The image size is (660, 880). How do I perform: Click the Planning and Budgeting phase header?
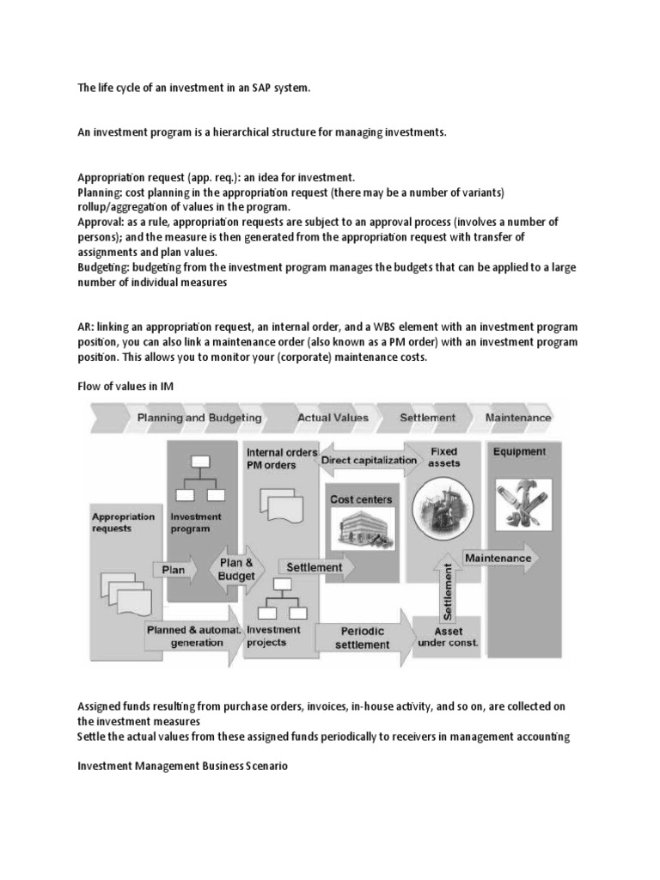point(199,418)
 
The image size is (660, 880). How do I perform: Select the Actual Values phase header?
point(333,418)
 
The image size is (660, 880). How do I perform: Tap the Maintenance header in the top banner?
point(518,418)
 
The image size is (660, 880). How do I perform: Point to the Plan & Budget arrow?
point(235,569)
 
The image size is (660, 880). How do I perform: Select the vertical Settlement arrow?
point(447,584)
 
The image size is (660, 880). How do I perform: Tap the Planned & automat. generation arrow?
point(191,637)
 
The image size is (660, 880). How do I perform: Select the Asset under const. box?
point(446,637)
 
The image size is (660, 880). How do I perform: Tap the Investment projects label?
point(273,636)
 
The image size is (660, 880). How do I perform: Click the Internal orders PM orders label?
point(281,459)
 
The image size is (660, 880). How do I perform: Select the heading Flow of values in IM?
point(125,387)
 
